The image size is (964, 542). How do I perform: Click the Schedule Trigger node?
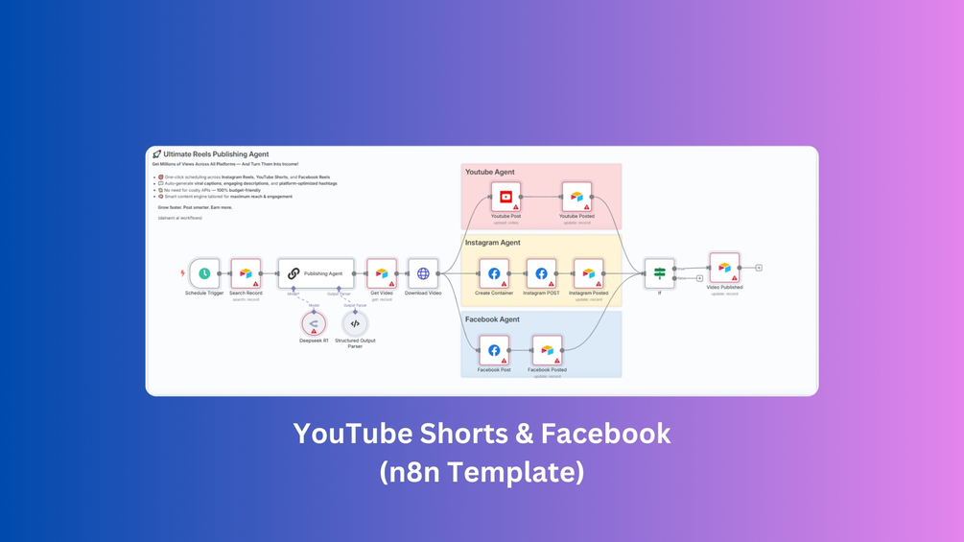coord(204,273)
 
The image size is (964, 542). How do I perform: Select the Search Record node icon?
coord(246,273)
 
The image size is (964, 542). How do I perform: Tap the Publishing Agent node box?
coord(316,273)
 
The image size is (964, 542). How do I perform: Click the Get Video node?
coord(381,273)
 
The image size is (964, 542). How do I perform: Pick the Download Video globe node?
coord(423,273)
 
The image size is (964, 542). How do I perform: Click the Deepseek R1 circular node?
coord(314,323)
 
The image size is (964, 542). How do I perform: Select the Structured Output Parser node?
coord(355,323)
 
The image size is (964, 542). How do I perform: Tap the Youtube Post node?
coord(506,197)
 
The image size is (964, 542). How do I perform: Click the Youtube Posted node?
coord(576,197)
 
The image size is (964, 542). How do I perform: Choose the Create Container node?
coord(494,273)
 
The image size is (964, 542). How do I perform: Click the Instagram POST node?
coord(541,273)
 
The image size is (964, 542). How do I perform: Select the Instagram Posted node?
coord(588,273)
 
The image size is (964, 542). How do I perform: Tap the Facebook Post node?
coord(494,350)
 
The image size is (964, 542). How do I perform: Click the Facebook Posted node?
coord(547,350)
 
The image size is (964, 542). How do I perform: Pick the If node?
coord(659,273)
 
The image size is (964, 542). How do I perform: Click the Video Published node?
coord(724,268)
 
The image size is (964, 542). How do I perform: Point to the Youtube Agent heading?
coord(490,173)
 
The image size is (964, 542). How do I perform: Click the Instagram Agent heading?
coord(493,243)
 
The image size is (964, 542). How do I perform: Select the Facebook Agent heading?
coord(492,319)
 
